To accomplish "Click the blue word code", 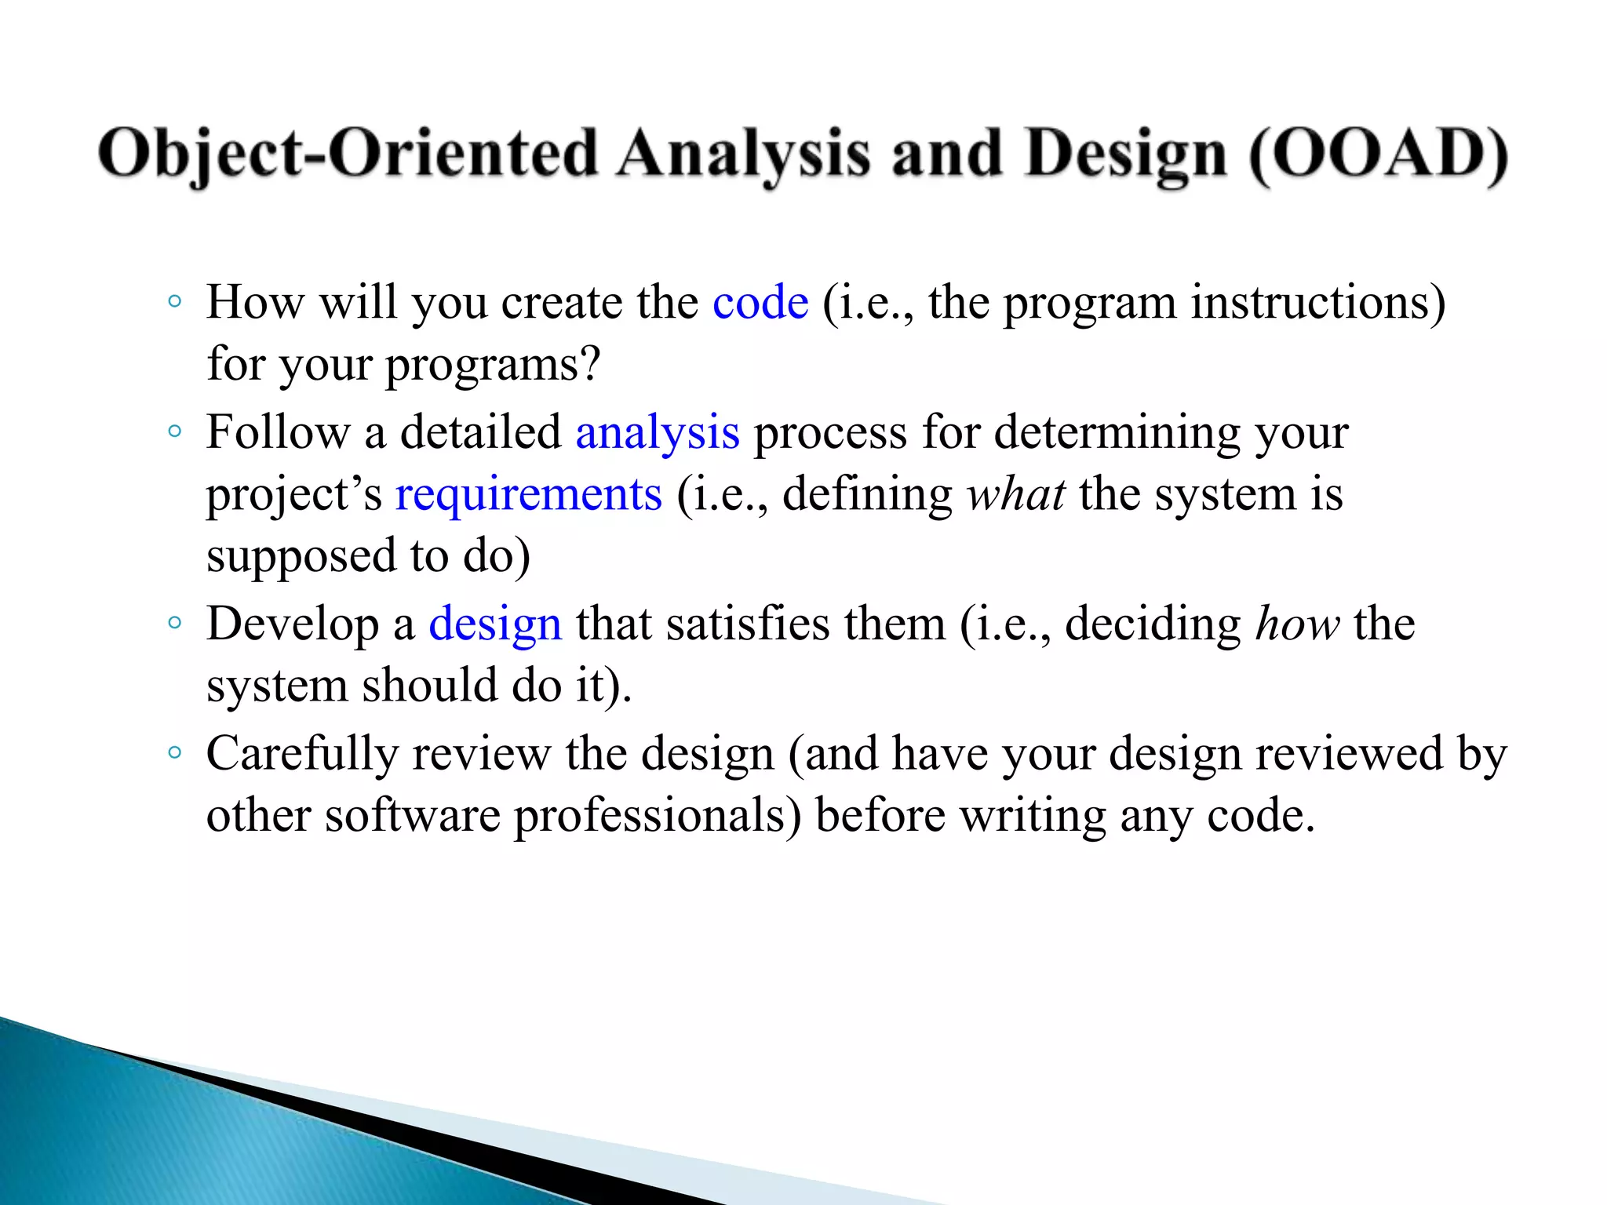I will click(x=760, y=303).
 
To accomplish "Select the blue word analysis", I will click(x=657, y=433).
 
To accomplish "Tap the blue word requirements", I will click(x=528, y=495).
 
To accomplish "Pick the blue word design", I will click(x=494, y=624).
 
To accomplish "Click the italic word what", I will click(x=1015, y=495).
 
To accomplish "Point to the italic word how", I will click(x=1297, y=624).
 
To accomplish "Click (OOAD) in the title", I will click(x=1378, y=154).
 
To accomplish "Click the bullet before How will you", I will click(x=174, y=302).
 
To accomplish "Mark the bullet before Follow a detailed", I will click(x=174, y=431).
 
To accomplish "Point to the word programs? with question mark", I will click(x=492, y=366).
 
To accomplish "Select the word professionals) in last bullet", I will click(x=658, y=816).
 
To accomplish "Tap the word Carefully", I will click(x=302, y=755).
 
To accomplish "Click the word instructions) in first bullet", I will click(x=1317, y=303).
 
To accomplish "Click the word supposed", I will click(x=301, y=557).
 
